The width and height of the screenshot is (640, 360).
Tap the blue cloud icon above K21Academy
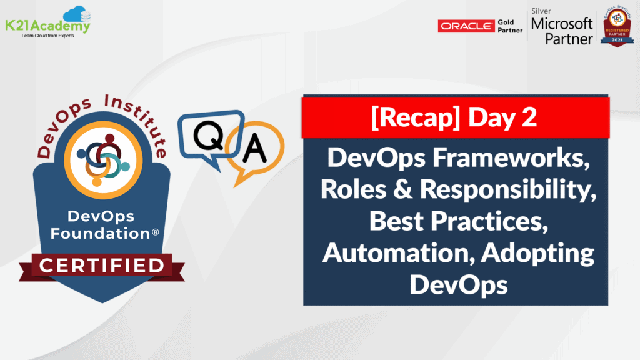point(77,13)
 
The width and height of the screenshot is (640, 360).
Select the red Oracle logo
point(466,26)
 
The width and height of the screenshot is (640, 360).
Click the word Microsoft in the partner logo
point(561,24)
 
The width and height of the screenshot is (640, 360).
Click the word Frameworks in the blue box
point(520,158)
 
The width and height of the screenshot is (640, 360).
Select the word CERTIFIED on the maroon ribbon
point(102,265)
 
